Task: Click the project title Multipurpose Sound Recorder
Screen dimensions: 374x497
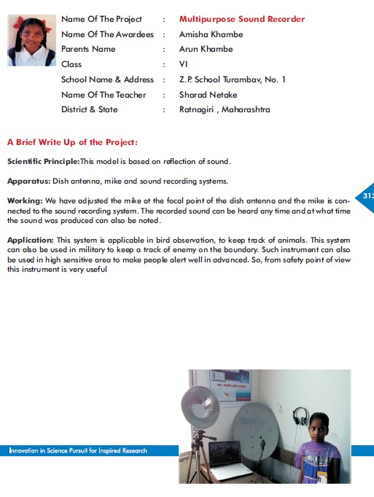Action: coord(242,19)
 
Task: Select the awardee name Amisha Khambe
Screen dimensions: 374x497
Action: coord(211,34)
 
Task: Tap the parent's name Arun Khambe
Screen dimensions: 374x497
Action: coord(206,49)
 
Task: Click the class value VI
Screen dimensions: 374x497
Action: coord(183,64)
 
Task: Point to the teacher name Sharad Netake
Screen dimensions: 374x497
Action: coord(208,95)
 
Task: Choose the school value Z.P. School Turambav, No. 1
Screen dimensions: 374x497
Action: coord(233,79)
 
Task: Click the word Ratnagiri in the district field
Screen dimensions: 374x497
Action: coord(196,109)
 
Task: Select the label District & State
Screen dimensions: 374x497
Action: coord(90,109)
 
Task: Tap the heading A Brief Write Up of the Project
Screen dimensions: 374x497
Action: coord(72,142)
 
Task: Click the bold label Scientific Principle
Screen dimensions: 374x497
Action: coord(44,161)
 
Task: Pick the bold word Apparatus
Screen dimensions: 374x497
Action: coord(29,181)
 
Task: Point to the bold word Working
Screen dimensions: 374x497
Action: coord(25,201)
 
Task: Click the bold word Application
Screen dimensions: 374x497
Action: coord(31,240)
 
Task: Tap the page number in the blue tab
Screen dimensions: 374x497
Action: coord(368,195)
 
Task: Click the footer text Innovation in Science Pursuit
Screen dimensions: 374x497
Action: coord(78,450)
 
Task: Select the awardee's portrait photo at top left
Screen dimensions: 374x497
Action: coord(32,40)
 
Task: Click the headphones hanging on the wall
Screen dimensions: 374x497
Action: coord(300,416)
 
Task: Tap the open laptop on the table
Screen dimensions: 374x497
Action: coord(227,459)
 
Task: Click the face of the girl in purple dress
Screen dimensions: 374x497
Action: coord(318,427)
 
